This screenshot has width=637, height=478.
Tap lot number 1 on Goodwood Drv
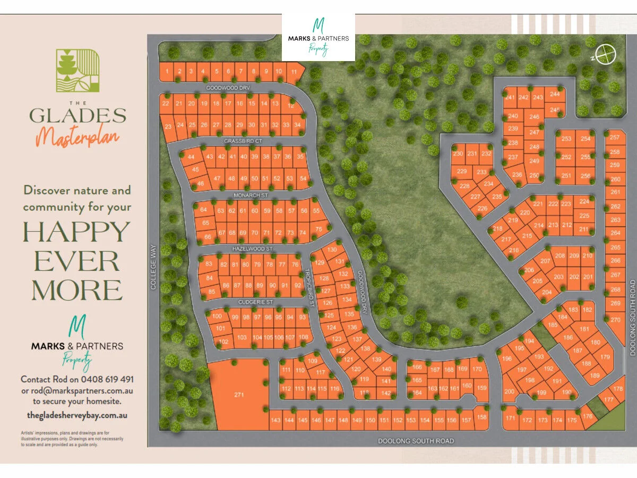tap(167, 71)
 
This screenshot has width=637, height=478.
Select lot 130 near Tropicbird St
tap(332, 250)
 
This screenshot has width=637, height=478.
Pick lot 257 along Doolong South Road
tap(615, 138)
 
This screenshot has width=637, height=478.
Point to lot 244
tap(555, 94)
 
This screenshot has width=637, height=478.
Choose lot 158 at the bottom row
tap(481, 417)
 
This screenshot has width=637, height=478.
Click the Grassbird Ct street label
tap(243, 141)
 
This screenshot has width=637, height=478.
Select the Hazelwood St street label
tap(252, 249)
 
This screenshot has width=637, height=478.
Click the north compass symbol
tap(605, 54)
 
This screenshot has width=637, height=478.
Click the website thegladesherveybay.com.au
tap(78, 415)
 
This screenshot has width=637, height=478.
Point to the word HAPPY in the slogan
tap(76, 232)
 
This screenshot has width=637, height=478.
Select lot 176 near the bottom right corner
tap(587, 417)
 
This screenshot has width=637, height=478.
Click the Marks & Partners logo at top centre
tap(318, 37)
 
